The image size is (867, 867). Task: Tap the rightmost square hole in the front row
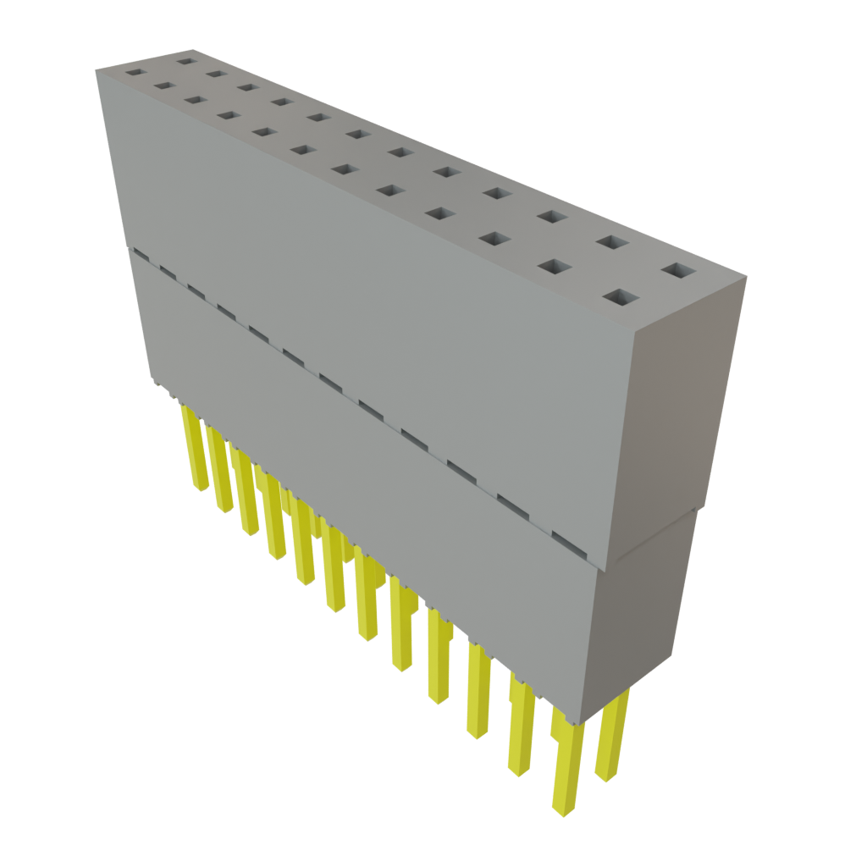(x=622, y=297)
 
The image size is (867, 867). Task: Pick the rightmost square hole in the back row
(x=678, y=271)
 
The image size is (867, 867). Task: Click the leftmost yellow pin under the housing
(x=196, y=449)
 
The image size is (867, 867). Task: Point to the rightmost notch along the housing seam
(x=565, y=537)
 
